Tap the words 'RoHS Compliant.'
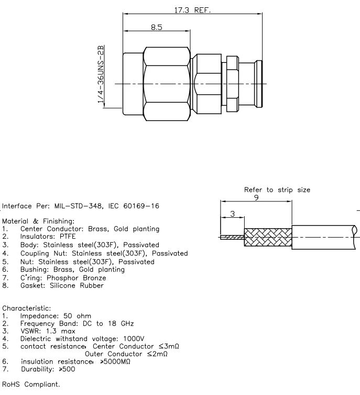point(31,384)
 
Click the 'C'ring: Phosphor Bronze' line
point(63,277)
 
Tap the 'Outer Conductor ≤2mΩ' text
point(129,354)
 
